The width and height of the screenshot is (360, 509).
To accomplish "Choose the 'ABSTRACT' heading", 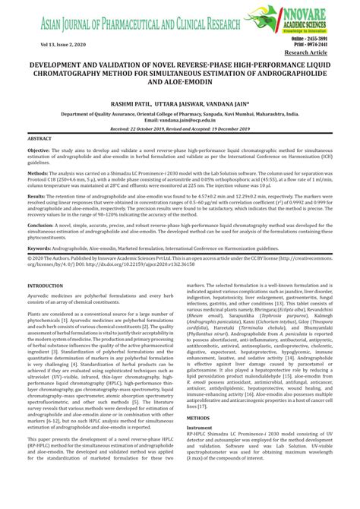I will click(39, 140).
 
